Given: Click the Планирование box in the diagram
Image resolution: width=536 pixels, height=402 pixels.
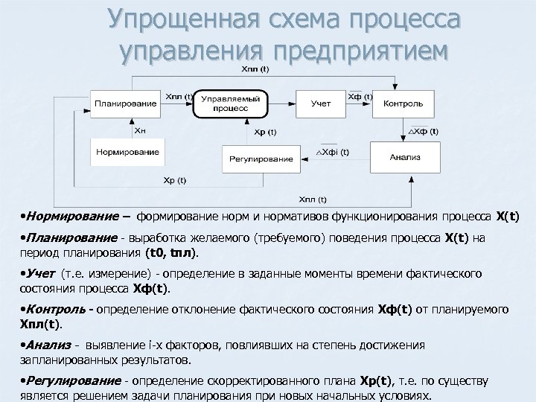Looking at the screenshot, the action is (x=126, y=103).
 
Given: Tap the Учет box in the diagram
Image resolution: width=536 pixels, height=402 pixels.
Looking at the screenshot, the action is (x=321, y=103).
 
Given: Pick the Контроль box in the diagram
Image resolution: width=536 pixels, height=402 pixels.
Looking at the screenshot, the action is (x=403, y=103).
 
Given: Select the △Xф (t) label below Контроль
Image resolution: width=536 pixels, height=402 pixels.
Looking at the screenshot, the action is (x=424, y=131).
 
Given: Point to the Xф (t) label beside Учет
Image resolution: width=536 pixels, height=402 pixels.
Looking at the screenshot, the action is (x=359, y=96).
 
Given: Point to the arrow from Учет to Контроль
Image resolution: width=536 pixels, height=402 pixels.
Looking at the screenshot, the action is (x=358, y=103).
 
